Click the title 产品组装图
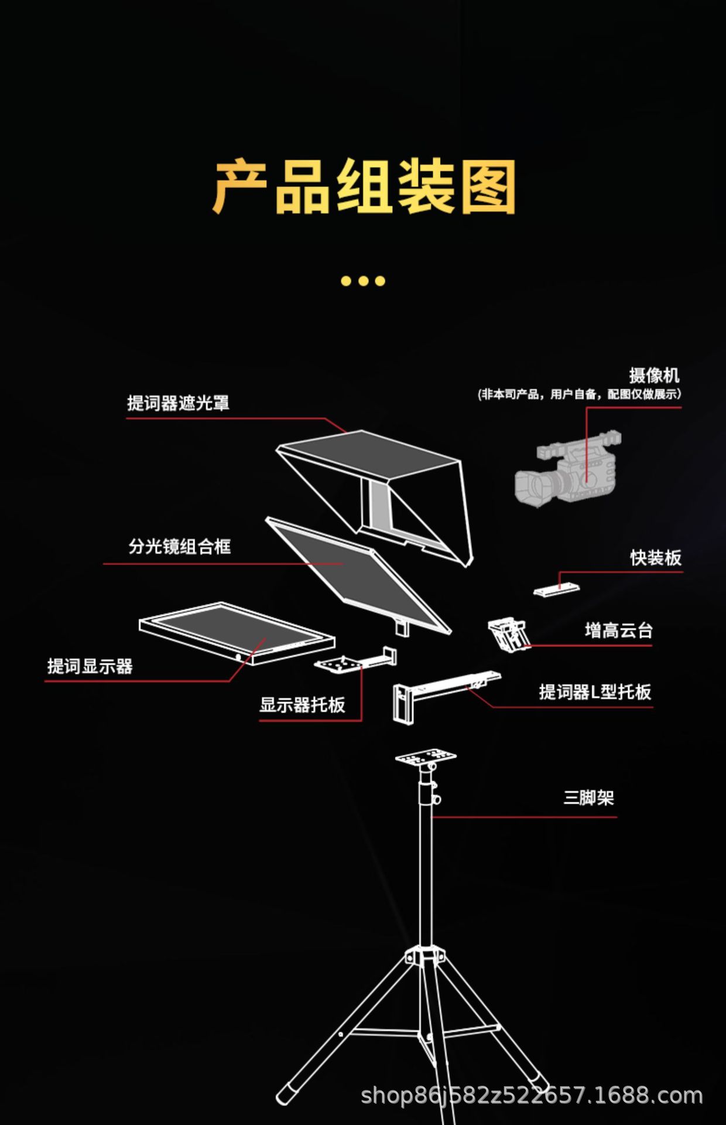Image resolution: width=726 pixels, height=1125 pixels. tap(364, 186)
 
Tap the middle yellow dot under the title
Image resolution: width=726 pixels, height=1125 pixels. tap(363, 281)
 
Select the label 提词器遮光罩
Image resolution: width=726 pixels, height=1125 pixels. tap(178, 403)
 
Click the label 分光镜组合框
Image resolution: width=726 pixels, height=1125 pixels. tap(180, 547)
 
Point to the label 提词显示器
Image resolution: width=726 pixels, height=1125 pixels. tap(90, 666)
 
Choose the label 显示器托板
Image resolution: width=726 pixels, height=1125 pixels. tap(302, 704)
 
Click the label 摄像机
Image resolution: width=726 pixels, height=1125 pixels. tap(654, 375)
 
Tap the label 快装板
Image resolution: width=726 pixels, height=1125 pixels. tap(656, 557)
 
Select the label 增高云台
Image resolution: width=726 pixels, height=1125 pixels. tap(618, 630)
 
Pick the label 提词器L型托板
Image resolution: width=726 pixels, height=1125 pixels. tap(595, 692)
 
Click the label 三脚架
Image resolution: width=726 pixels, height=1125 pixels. tap(588, 797)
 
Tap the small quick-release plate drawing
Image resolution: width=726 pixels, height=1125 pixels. tap(556, 589)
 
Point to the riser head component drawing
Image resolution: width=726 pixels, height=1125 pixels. tap(508, 635)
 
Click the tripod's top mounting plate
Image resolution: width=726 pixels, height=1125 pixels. tap(426, 757)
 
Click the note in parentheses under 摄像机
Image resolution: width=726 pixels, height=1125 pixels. tap(580, 394)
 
